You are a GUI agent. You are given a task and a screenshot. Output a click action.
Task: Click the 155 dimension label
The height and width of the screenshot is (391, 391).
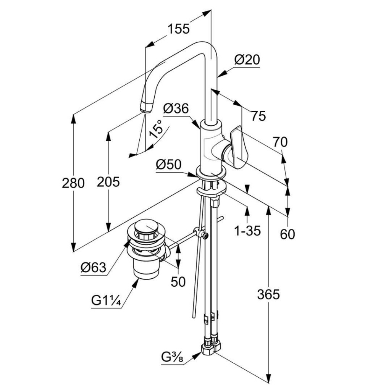[178, 28]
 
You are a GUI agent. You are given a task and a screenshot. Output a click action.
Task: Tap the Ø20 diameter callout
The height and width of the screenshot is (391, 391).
[247, 60]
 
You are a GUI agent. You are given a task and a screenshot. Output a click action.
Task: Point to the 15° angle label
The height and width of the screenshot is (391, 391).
[156, 128]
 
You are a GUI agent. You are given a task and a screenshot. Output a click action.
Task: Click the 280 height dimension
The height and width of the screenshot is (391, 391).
[73, 183]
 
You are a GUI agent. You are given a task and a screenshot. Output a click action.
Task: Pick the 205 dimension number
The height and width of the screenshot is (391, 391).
[108, 182]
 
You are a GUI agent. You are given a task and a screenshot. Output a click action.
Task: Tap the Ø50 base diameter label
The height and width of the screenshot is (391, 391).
[168, 165]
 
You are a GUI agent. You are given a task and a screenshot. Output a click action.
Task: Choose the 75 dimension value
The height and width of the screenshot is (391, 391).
[259, 116]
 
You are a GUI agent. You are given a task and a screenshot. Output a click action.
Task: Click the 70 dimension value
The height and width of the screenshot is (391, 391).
[280, 142]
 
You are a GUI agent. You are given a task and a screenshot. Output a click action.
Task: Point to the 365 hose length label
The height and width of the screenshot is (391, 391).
[268, 294]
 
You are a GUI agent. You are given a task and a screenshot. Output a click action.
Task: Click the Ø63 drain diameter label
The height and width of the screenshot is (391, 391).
[93, 267]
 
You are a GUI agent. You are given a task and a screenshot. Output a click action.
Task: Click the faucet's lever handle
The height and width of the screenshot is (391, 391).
[239, 147]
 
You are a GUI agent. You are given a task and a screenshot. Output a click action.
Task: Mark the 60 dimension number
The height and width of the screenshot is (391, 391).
[288, 234]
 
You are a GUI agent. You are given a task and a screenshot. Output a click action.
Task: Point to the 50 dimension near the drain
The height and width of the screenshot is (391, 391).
[178, 281]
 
